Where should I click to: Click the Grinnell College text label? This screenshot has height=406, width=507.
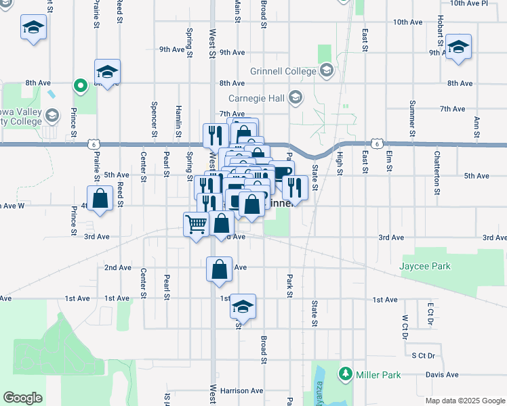tap(283, 71)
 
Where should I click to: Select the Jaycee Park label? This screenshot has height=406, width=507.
tap(426, 266)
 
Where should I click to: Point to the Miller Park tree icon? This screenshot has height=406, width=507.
tap(346, 374)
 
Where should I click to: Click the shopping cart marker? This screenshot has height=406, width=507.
tap(197, 224)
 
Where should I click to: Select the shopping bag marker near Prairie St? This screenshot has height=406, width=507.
tap(100, 199)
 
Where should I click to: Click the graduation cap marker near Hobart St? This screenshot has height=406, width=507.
tap(458, 47)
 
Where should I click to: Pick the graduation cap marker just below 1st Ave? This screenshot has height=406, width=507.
tap(242, 307)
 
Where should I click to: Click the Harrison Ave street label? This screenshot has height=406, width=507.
tap(241, 390)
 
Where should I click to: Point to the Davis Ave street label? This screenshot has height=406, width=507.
tap(442, 374)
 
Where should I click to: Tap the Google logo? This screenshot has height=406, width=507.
tap(22, 397)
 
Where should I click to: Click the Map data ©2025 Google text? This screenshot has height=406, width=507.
tap(464, 401)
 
